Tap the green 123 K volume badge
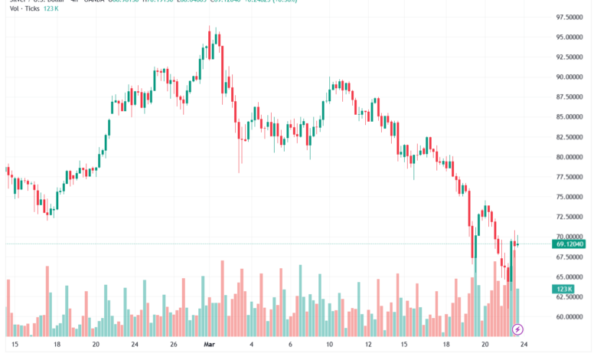564,290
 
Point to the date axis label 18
57,345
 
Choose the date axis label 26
174,345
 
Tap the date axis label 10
331,345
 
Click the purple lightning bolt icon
517,329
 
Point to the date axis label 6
292,345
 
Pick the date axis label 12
370,345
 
